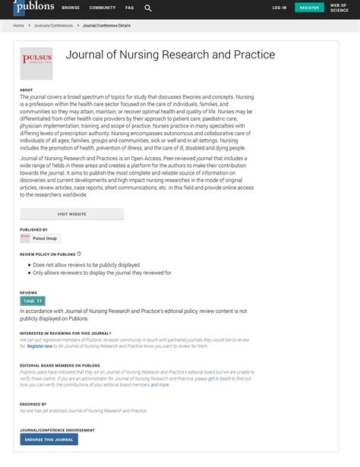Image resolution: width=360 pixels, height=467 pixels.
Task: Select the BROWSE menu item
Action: [x=71, y=8]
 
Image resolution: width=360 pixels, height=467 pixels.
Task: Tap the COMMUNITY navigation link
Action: [x=103, y=8]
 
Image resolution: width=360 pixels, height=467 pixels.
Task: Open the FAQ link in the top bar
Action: [x=129, y=8]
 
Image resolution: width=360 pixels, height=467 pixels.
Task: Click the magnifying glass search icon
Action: [x=148, y=8]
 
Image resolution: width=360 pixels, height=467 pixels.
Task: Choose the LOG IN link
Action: [x=279, y=8]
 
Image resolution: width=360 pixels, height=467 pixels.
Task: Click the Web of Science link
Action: [x=339, y=8]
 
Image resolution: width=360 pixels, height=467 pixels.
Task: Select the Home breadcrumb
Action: [x=19, y=25]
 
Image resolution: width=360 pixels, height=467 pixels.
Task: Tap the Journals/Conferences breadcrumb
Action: [x=53, y=25]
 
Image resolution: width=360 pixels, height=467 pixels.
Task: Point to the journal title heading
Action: [x=170, y=55]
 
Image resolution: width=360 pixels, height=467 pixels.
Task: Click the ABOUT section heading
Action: [x=27, y=90]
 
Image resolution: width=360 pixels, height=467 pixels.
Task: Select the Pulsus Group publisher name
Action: [x=46, y=238]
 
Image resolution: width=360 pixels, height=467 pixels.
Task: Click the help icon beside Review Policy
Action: [x=79, y=254]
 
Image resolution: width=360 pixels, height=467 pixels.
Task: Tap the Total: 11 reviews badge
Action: [x=32, y=301]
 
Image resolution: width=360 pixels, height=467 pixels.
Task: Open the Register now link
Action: [x=40, y=346]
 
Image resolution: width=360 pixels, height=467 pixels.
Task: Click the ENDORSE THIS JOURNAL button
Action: [x=49, y=439]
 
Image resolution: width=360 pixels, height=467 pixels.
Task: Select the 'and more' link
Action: [x=160, y=385]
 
